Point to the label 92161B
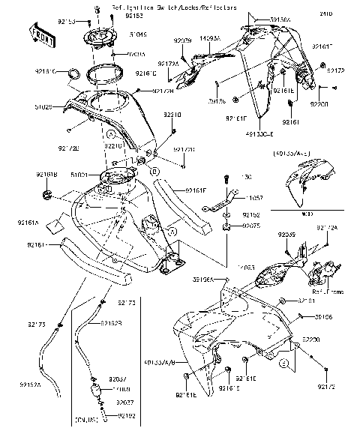pos(45,175)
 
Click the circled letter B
pos(154,172)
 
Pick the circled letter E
pos(284,364)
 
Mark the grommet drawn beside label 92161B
pos(49,195)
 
